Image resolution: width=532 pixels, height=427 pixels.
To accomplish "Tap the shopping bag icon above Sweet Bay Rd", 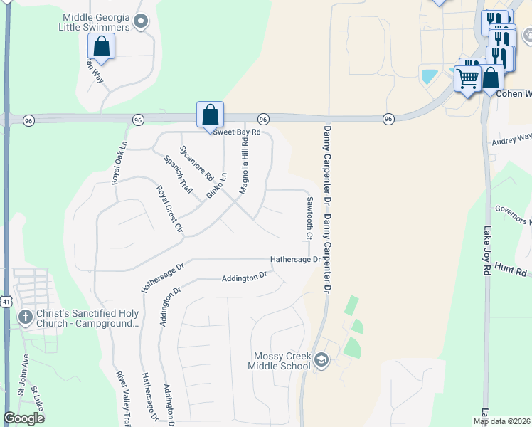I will [211, 114].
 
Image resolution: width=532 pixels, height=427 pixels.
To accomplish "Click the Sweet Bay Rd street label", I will [238, 132].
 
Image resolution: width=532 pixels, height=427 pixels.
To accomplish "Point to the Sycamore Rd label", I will [197, 162].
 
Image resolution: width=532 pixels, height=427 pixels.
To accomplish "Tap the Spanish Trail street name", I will [179, 174].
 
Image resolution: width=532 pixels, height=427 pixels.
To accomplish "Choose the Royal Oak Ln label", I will [119, 163].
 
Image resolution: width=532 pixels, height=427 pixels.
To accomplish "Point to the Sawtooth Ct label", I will [310, 218].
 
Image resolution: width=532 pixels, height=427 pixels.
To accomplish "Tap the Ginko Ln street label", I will [216, 186].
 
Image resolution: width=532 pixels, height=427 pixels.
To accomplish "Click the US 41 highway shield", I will [5, 283].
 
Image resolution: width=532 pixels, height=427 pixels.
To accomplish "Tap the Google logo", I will [24, 418].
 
